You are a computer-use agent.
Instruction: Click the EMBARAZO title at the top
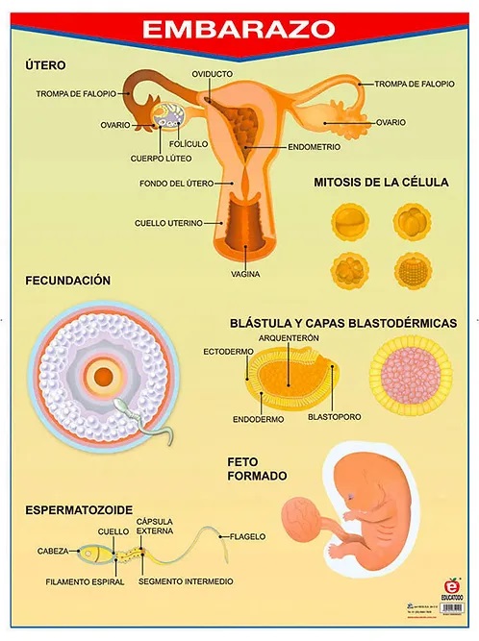coord(239,28)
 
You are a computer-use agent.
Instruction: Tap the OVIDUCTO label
coord(212,74)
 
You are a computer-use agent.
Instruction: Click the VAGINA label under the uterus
coord(246,274)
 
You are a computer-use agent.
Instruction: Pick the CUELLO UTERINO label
coord(168,223)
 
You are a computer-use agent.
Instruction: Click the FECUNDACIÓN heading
coord(68,281)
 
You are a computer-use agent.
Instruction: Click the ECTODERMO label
coord(228,352)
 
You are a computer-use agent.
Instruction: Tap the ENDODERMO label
coord(258,419)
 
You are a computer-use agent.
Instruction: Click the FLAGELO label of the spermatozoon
coord(248,536)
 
